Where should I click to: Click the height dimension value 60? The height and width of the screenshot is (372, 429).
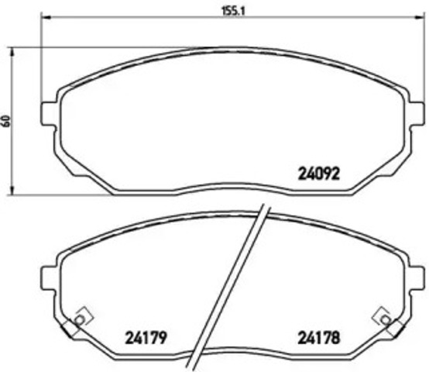point(7,121)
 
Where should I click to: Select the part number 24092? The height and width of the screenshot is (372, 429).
point(320,173)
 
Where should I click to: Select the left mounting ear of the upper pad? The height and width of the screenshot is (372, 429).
point(46,112)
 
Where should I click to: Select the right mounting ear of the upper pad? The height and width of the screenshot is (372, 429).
point(418,112)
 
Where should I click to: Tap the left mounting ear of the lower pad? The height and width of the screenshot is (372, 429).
point(47,275)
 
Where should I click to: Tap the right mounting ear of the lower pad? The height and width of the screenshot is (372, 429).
point(418,275)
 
